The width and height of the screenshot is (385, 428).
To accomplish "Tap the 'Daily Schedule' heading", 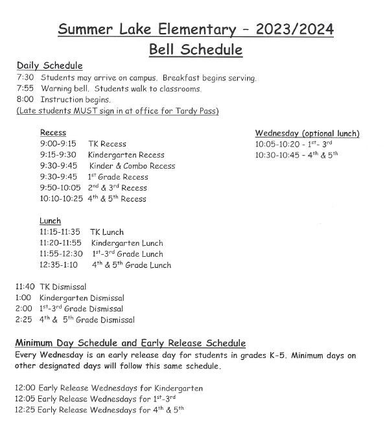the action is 49,66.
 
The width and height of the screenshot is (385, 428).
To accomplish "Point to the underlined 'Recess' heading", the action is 52,133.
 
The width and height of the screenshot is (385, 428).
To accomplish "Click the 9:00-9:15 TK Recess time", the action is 58,144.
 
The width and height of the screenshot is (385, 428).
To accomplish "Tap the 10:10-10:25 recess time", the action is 62,199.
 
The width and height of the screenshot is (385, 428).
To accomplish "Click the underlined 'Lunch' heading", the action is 51,221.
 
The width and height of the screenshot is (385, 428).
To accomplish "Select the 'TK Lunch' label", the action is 107,232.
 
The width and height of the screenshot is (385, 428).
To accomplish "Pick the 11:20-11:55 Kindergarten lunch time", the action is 60,243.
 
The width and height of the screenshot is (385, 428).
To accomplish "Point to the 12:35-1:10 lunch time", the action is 58,265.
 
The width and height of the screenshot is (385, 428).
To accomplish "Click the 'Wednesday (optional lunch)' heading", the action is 307,134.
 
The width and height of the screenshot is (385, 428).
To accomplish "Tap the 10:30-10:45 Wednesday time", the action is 275,155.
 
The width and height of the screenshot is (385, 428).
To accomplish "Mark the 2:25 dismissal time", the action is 24,320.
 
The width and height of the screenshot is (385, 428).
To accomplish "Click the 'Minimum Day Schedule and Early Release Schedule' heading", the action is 130,343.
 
